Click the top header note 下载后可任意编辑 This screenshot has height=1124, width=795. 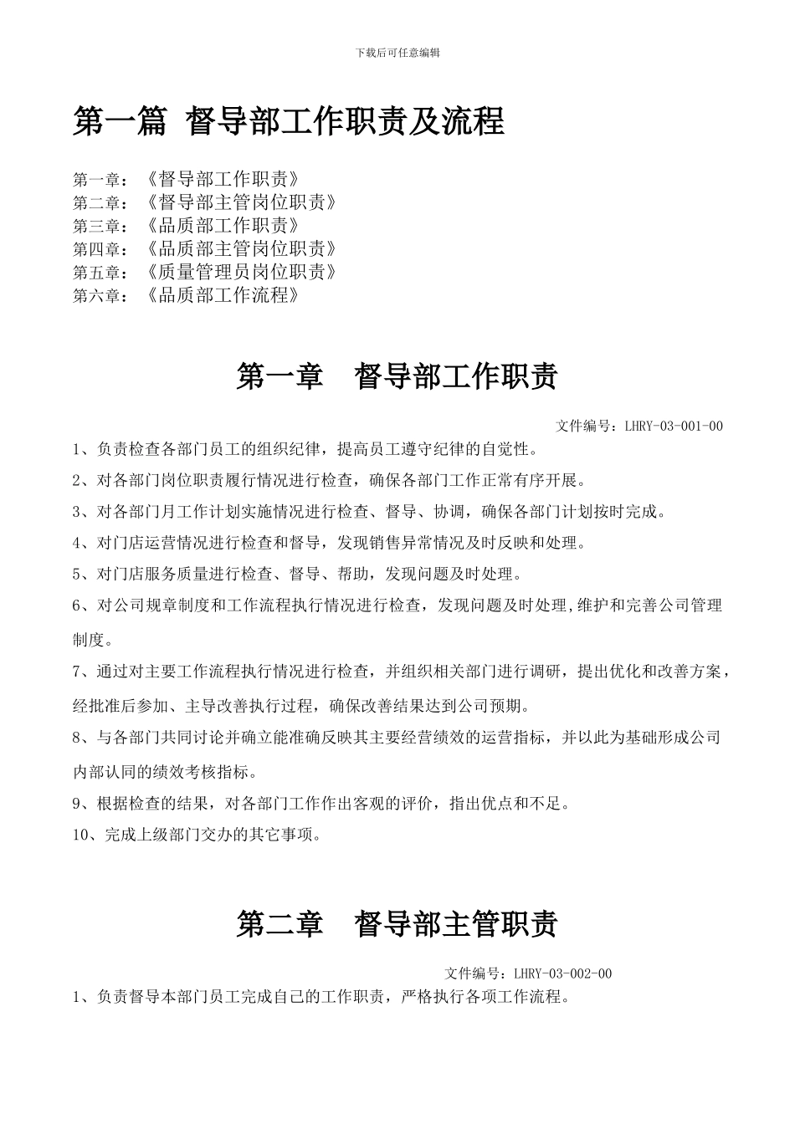[x=397, y=53]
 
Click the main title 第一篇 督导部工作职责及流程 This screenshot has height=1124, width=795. [x=289, y=122]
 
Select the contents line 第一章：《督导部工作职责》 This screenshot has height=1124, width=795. [x=186, y=179]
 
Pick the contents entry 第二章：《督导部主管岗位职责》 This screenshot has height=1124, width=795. [x=205, y=202]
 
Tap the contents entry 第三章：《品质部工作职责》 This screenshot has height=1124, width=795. [x=186, y=226]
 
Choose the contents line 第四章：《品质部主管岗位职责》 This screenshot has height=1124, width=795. [x=205, y=249]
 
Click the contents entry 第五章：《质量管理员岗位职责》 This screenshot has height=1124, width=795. [x=205, y=273]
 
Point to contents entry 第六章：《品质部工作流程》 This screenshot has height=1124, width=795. [x=186, y=296]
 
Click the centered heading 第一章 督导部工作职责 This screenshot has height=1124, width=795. [x=397, y=377]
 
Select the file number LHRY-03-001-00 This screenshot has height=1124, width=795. [x=674, y=427]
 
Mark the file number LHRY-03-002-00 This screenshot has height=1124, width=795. [x=562, y=973]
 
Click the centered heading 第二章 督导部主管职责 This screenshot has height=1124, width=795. [x=397, y=924]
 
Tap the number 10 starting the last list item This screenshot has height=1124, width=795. [x=81, y=835]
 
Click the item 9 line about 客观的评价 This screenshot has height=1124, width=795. [x=322, y=804]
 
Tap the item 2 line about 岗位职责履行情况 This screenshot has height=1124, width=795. [x=330, y=481]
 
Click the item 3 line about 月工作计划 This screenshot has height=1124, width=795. [x=369, y=512]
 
